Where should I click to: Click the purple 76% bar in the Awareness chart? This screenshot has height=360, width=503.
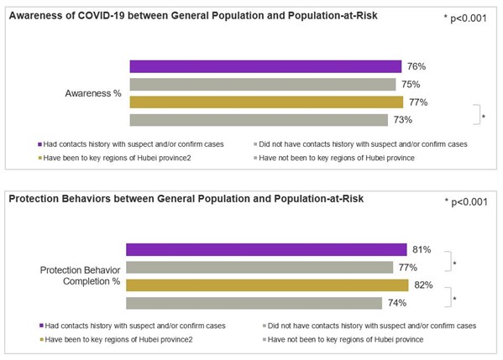click(265, 67)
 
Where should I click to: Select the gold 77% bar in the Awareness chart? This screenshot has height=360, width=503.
click(267, 102)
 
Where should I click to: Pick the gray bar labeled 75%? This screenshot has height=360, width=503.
click(262, 85)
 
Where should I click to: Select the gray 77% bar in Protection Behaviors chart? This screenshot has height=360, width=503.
click(259, 267)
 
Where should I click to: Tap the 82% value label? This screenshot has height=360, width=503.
click(424, 284)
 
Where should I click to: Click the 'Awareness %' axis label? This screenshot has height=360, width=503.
click(93, 94)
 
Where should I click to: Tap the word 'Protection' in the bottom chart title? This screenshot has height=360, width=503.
click(38, 198)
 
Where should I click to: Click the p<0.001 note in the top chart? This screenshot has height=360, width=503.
click(465, 18)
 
